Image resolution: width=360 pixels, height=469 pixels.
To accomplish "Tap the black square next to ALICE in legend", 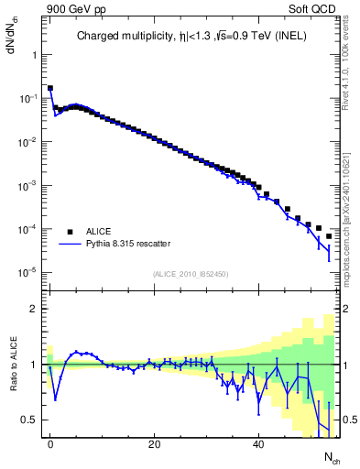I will pyautogui.click(x=69, y=231).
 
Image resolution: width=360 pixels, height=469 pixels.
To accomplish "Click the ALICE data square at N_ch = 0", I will pyautogui.click(x=50, y=89).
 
